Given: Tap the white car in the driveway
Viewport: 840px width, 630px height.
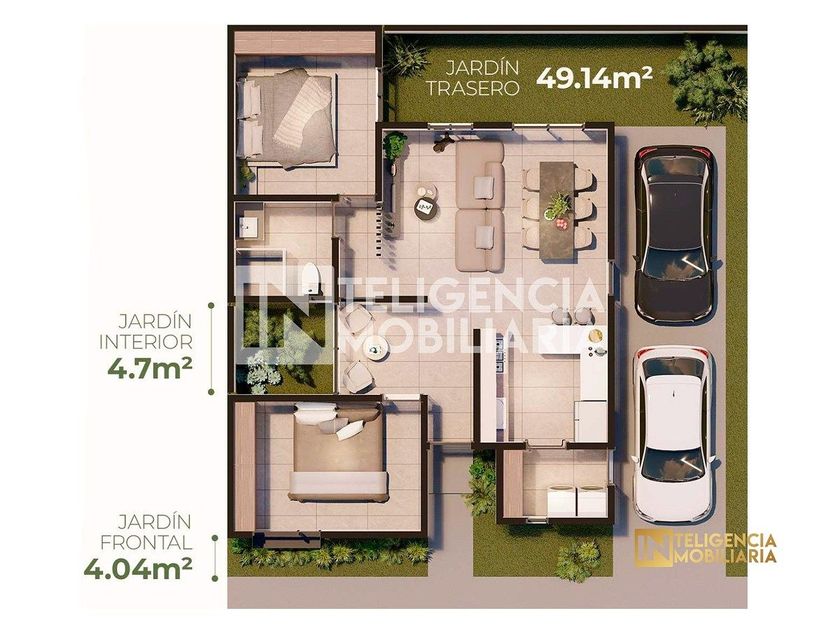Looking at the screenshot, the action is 674,436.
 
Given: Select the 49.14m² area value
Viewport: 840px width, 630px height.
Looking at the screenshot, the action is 594,78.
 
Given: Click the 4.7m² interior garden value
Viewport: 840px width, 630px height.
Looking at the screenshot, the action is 150,369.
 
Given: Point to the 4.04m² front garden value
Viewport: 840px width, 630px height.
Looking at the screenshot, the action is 138,569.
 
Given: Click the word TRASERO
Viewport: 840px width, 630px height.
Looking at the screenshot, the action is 472,88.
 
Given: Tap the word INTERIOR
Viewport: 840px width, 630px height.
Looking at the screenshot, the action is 146,342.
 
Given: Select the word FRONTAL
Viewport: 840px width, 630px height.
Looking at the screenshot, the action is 146,542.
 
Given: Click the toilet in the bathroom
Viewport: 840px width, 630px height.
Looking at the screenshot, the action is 310,279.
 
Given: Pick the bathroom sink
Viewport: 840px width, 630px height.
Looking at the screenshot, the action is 248,227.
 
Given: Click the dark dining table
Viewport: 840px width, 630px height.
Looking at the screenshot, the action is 557,212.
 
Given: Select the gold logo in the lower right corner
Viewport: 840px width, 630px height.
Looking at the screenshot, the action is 705,547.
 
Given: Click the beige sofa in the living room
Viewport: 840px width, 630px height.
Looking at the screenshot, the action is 480,206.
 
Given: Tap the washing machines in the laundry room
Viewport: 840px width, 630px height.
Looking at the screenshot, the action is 576,500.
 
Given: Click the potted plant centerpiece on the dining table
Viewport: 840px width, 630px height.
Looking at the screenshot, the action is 557,206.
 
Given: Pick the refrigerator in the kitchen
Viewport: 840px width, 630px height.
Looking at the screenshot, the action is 591,422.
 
